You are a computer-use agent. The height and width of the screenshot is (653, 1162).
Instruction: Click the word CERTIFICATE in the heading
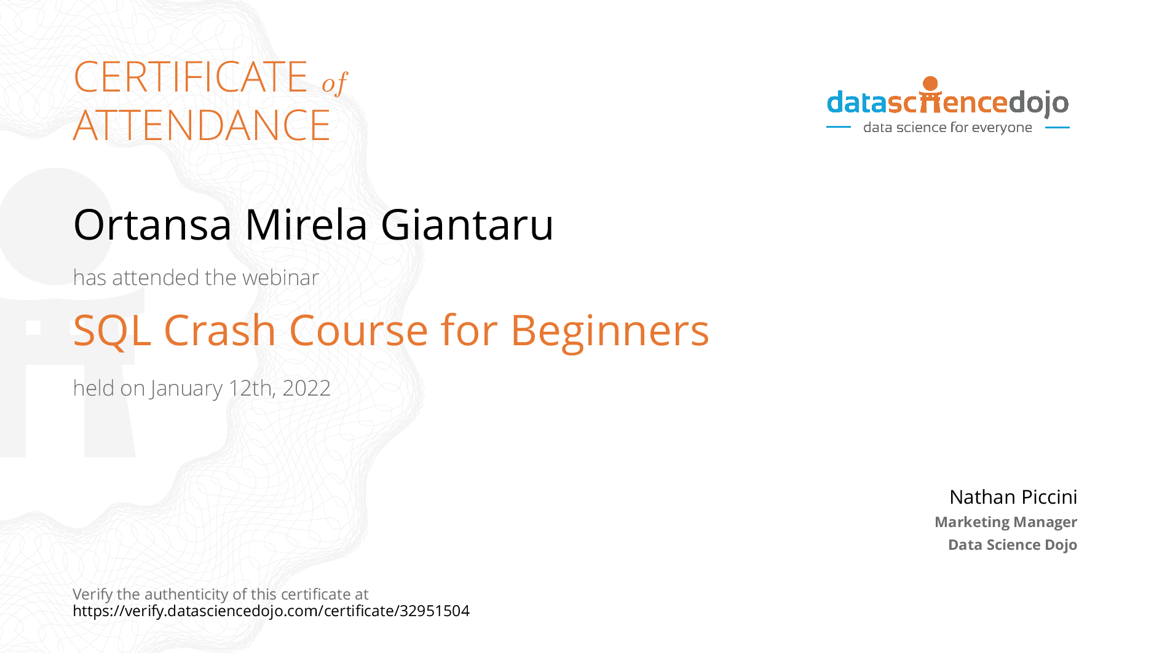[191, 77]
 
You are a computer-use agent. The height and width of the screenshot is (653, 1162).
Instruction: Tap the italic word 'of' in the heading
[334, 83]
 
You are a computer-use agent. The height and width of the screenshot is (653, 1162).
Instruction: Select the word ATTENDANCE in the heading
[202, 125]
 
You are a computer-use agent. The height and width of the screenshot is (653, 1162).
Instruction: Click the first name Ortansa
[152, 225]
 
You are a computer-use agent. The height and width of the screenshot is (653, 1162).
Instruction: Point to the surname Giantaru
[467, 225]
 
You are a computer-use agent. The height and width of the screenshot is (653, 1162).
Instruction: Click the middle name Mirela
[306, 225]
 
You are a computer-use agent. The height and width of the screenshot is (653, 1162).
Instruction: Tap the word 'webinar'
[280, 278]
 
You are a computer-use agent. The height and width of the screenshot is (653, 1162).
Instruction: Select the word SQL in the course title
[112, 331]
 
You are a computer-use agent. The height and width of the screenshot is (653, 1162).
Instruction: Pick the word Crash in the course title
[219, 330]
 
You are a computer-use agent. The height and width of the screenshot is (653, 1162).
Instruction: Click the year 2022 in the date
[306, 388]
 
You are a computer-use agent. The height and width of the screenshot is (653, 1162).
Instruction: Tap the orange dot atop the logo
[931, 84]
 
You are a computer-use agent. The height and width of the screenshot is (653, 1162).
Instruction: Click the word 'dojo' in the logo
[1039, 103]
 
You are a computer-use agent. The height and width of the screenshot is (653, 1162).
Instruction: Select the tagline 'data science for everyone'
[947, 127]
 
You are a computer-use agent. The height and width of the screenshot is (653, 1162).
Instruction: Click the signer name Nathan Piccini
[1013, 497]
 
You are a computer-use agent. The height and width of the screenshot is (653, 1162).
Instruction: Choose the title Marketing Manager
[1006, 522]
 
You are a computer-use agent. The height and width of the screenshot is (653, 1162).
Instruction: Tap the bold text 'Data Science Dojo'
[1013, 545]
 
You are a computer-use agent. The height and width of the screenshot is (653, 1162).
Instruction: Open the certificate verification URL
[271, 611]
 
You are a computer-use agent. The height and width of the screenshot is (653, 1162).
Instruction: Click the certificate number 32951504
[435, 611]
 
